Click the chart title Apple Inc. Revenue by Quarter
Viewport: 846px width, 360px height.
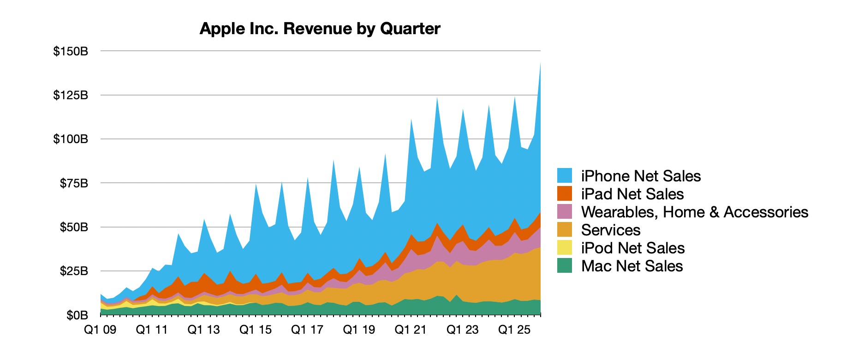tap(320, 29)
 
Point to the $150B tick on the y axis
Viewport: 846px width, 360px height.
tap(71, 51)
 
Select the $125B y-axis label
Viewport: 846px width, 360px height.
tap(71, 95)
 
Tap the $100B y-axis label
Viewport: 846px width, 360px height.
tap(71, 139)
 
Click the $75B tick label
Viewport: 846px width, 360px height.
tap(74, 183)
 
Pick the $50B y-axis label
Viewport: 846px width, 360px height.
tap(74, 227)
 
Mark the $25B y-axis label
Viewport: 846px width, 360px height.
tap(74, 271)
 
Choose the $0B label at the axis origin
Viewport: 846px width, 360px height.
tap(77, 315)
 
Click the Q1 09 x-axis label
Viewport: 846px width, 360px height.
tap(100, 330)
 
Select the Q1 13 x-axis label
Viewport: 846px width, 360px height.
tap(203, 330)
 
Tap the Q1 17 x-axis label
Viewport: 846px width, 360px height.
tap(307, 330)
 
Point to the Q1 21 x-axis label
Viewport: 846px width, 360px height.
tap(410, 330)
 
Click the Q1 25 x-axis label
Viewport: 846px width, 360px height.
tap(514, 330)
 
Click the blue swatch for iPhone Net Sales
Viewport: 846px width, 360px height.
tap(565, 175)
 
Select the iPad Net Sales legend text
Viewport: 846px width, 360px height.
tap(632, 194)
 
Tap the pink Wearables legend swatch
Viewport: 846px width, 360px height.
tap(565, 211)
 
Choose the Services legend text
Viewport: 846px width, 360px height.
tap(611, 230)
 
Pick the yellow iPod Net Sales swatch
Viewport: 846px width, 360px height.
tap(565, 247)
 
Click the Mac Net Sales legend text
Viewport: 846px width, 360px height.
tap(632, 266)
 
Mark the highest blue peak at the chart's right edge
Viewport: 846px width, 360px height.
tap(540, 65)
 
